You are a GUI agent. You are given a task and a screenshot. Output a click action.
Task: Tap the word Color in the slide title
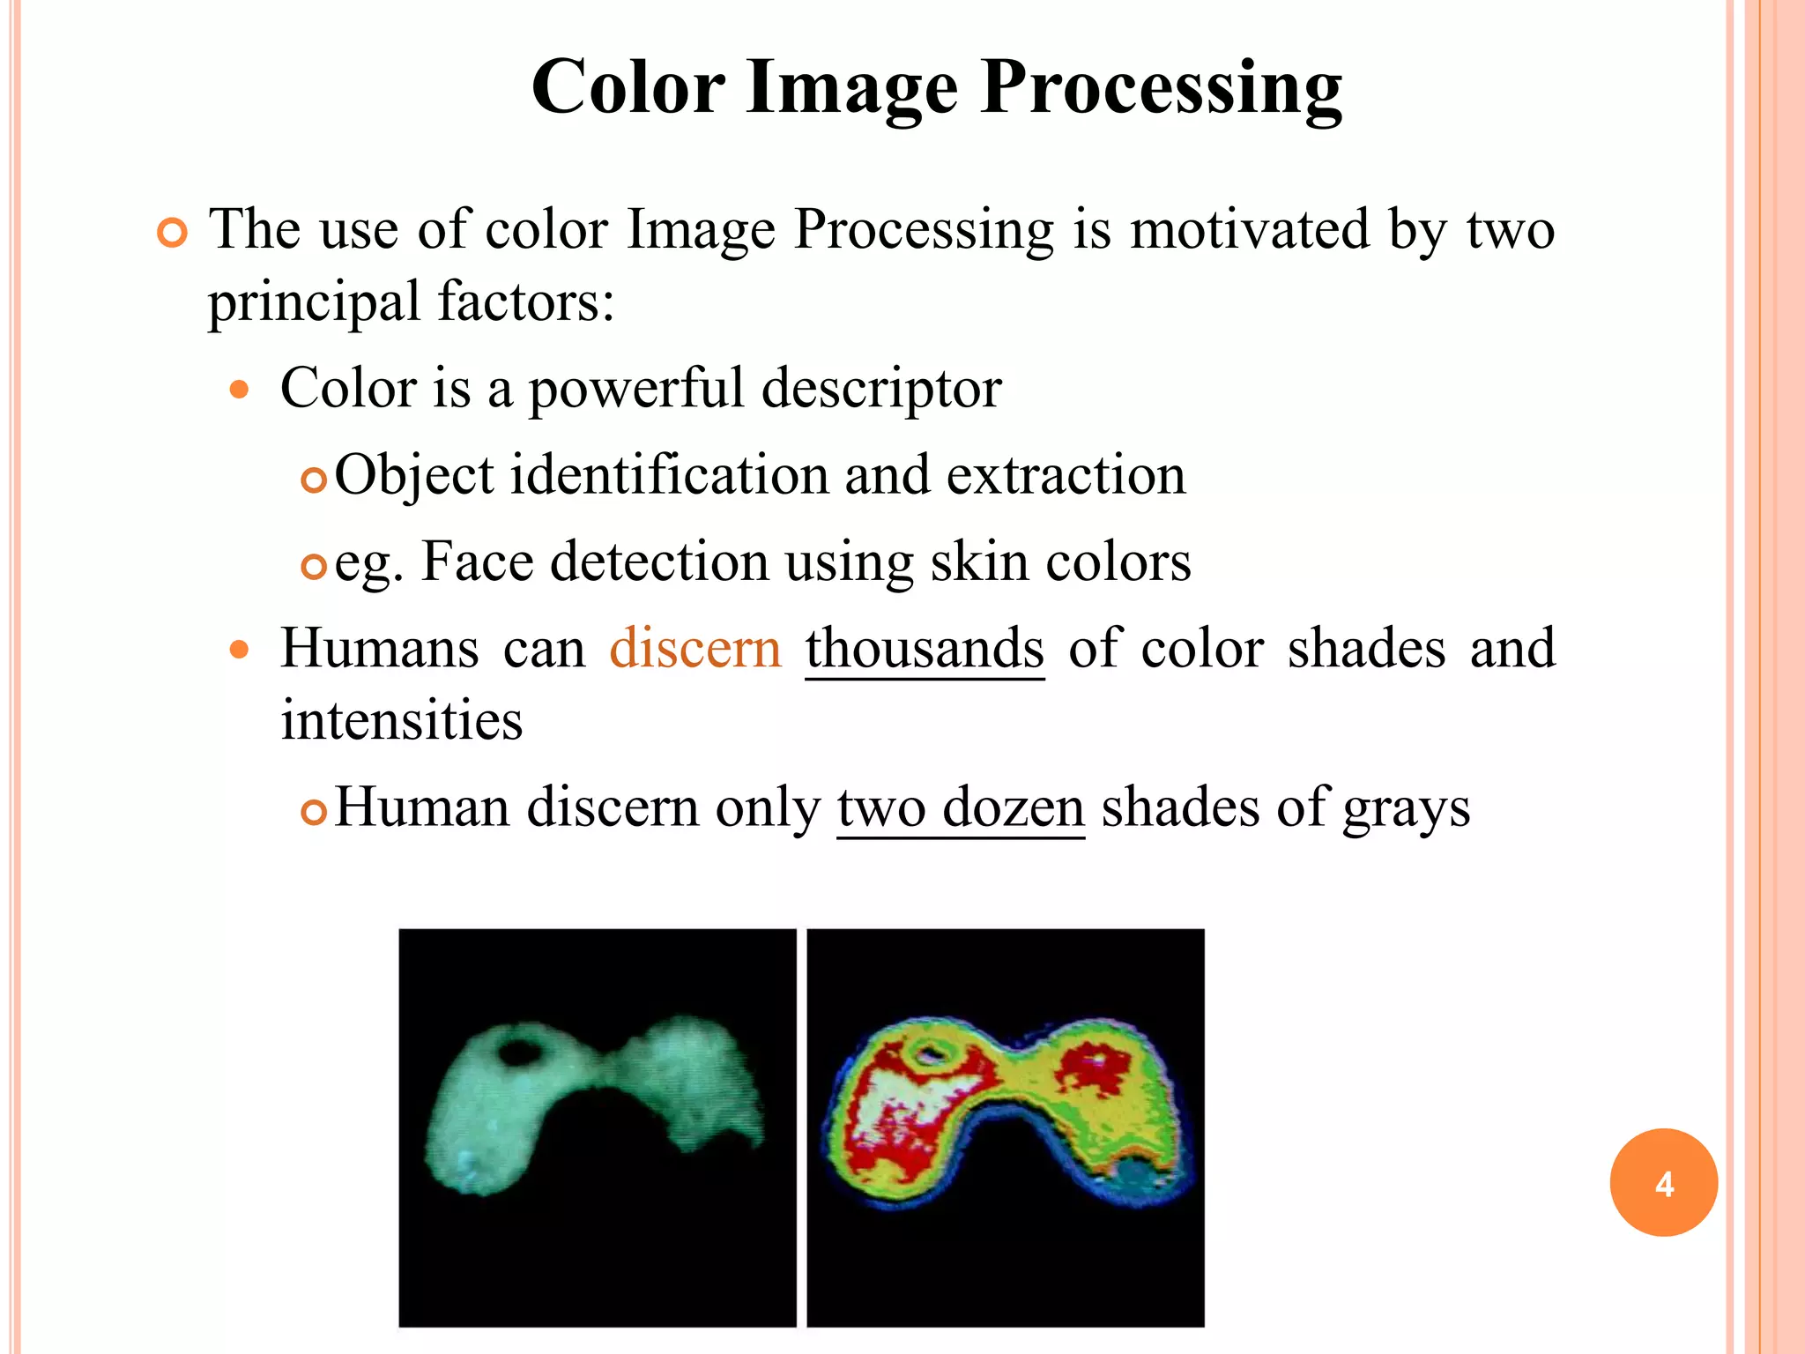coord(628,88)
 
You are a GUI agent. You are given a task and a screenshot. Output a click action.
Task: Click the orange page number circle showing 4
coord(1663,1182)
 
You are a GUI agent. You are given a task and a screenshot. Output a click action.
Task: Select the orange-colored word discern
coord(695,649)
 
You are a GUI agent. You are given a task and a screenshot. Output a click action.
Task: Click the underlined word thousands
coord(925,649)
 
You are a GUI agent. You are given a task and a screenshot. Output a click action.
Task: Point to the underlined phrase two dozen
coord(960,807)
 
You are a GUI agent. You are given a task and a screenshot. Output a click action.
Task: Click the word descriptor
coord(880,388)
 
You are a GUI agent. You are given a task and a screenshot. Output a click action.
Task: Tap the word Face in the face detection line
coord(477,562)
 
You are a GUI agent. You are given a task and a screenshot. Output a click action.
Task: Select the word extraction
coord(1066,475)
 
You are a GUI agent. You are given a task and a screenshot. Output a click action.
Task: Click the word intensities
coord(402,720)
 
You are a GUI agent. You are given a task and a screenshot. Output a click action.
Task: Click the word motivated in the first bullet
coord(1250,230)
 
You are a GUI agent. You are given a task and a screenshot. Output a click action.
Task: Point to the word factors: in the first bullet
coord(525,302)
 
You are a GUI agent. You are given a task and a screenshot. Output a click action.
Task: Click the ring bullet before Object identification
coord(314,480)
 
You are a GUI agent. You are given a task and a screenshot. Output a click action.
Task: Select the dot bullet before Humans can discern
coord(239,651)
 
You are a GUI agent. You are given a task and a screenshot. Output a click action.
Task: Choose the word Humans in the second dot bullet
coord(380,649)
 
